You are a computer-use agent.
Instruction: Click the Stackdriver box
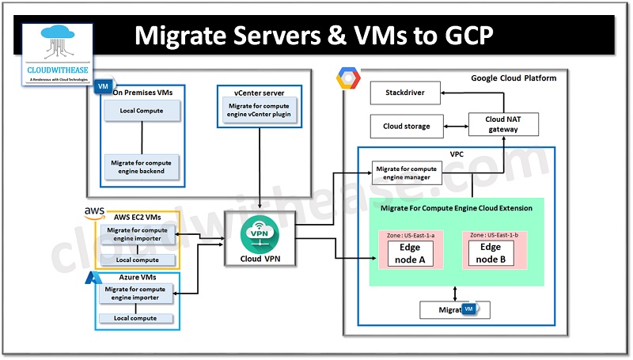405,93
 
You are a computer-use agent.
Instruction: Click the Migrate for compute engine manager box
405,172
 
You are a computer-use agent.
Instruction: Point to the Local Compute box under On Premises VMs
142,111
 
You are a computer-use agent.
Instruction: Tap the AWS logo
94,211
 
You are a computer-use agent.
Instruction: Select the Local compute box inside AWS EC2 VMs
137,260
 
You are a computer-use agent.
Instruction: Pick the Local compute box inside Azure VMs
137,318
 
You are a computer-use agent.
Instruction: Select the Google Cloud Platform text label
514,78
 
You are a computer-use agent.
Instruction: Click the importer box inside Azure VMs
137,294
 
